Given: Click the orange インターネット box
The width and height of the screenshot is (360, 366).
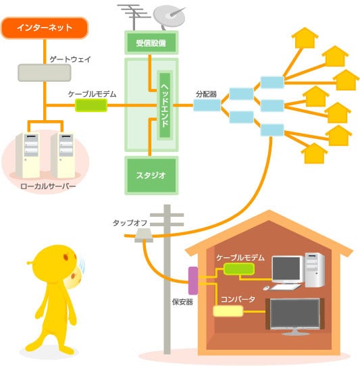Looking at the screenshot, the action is (x=45, y=28).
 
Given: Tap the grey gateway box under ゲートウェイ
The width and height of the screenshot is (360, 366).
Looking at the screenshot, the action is (x=45, y=73).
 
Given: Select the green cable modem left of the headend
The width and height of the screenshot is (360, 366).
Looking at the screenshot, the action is (x=91, y=105).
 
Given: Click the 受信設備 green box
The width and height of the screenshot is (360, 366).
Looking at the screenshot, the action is (x=151, y=43).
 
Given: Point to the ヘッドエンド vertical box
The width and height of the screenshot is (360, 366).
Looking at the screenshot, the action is (x=165, y=105).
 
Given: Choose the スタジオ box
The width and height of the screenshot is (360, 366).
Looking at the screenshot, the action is (x=151, y=176).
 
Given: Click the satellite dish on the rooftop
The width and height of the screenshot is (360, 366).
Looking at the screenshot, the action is (x=170, y=17).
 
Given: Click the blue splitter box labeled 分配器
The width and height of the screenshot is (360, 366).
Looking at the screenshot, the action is (x=207, y=105).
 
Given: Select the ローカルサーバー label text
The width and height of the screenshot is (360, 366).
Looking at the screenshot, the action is (x=48, y=186).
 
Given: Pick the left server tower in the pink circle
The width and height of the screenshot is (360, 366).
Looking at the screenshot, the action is (x=28, y=155).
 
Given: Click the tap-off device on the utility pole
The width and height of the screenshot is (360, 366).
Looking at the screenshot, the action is (x=144, y=235).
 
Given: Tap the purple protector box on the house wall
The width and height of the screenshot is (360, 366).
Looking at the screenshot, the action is (x=193, y=280).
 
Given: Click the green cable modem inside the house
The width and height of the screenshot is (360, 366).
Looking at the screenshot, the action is (x=239, y=269).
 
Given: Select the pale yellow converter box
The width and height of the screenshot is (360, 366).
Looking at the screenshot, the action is (x=228, y=311).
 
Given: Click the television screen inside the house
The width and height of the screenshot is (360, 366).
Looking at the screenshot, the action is (x=295, y=313).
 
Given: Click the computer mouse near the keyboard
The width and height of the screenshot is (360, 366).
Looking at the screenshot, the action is (x=266, y=288).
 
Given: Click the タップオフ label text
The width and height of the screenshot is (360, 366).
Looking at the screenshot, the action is (x=130, y=223).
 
